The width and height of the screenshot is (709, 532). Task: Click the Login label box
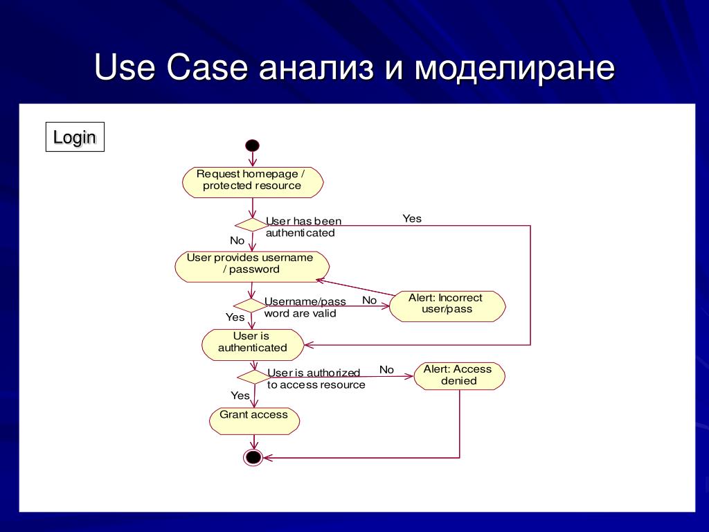click(x=75, y=137)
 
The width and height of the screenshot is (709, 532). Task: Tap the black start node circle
click(x=252, y=145)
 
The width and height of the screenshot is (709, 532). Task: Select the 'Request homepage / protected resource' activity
click(x=252, y=180)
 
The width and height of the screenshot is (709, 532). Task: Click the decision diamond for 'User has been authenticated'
click(x=251, y=224)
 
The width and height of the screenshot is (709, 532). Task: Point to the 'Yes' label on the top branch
click(x=412, y=219)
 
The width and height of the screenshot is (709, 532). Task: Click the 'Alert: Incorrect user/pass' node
click(x=447, y=304)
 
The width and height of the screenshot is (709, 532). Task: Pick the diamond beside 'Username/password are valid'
click(x=249, y=305)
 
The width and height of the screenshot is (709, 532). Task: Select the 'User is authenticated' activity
click(x=252, y=342)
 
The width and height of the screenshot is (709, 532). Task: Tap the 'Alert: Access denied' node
click(x=458, y=375)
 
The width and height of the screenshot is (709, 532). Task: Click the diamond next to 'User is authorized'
click(x=253, y=376)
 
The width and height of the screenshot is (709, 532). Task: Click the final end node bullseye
click(x=253, y=457)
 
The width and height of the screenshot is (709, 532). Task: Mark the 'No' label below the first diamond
click(x=237, y=241)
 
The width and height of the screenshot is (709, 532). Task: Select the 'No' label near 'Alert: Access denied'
click(x=386, y=370)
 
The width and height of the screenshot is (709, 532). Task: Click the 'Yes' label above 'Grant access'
click(x=240, y=396)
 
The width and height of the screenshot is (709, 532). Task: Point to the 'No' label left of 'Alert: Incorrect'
click(x=370, y=301)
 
